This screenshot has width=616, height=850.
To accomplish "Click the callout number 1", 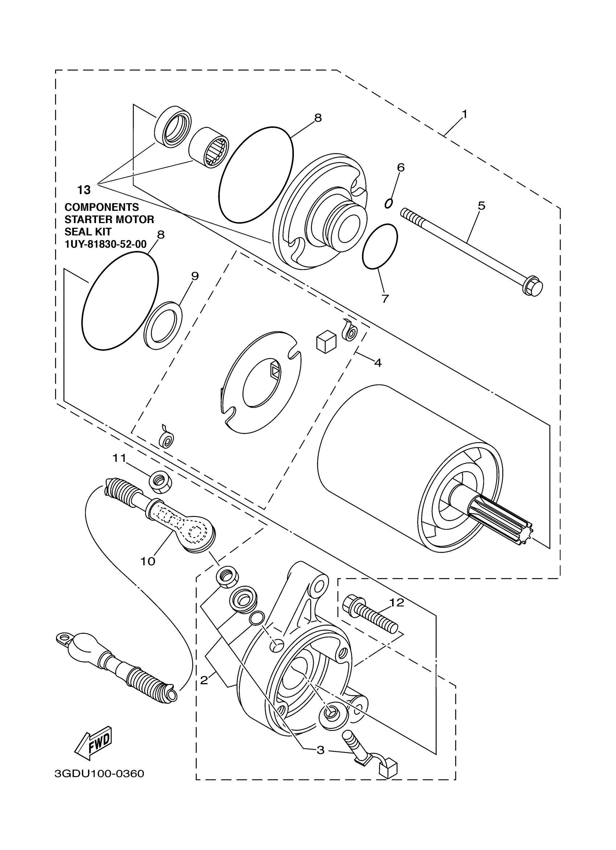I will tap(464, 114).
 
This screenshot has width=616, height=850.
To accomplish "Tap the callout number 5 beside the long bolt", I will tap(482, 206).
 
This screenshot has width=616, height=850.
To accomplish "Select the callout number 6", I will tap(400, 168).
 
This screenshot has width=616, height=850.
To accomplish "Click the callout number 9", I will tap(195, 276).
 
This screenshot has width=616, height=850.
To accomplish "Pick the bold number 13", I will tap(84, 190).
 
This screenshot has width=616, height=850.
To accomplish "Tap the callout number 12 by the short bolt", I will tap(397, 602).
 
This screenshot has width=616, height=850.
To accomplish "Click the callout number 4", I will tap(378, 363).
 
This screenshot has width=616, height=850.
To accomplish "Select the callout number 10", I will tap(148, 561).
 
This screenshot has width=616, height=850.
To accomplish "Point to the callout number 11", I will tap(120, 458).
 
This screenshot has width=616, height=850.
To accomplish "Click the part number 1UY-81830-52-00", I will tap(105, 244).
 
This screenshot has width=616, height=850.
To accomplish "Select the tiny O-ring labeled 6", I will tap(389, 203).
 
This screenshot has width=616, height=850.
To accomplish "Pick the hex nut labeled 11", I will tap(161, 482).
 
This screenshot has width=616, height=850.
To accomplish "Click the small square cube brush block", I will tap(325, 342).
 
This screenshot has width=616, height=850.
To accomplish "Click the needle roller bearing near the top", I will tap(209, 148).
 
